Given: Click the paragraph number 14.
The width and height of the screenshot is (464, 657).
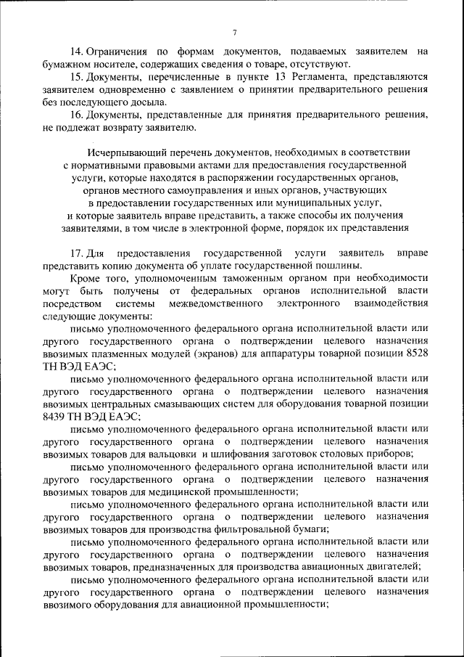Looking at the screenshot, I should [x=77, y=52].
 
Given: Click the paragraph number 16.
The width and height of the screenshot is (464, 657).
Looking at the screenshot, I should [x=77, y=115].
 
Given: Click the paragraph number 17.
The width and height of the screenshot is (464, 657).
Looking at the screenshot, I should [x=77, y=253].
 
